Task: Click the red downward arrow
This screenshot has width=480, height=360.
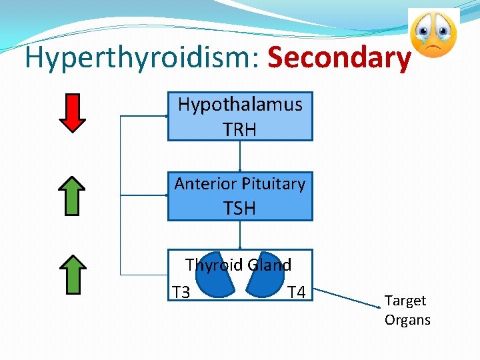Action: [x=72, y=113]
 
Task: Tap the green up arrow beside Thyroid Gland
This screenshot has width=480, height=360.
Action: [x=72, y=274]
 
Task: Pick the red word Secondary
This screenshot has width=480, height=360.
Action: [x=339, y=58]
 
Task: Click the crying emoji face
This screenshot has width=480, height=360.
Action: [x=433, y=35]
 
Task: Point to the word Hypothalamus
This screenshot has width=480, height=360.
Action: [x=240, y=104]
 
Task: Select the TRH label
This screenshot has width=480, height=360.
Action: [x=240, y=129]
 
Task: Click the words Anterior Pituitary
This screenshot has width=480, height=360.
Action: [x=240, y=183]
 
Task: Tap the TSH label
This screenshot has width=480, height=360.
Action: [x=240, y=209]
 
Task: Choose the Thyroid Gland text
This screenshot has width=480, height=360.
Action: [x=239, y=265]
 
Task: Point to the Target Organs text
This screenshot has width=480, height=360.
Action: [x=407, y=310]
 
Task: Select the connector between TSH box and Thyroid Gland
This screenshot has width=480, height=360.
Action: [x=240, y=235]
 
